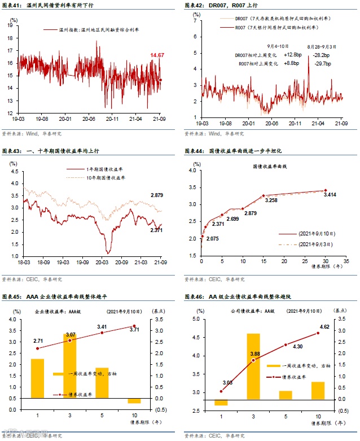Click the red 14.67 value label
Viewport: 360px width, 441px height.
tap(157, 55)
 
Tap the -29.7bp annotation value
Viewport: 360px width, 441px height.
tap(322, 64)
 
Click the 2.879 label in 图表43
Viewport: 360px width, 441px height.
tap(157, 195)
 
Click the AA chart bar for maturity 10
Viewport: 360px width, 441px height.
tap(318, 390)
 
